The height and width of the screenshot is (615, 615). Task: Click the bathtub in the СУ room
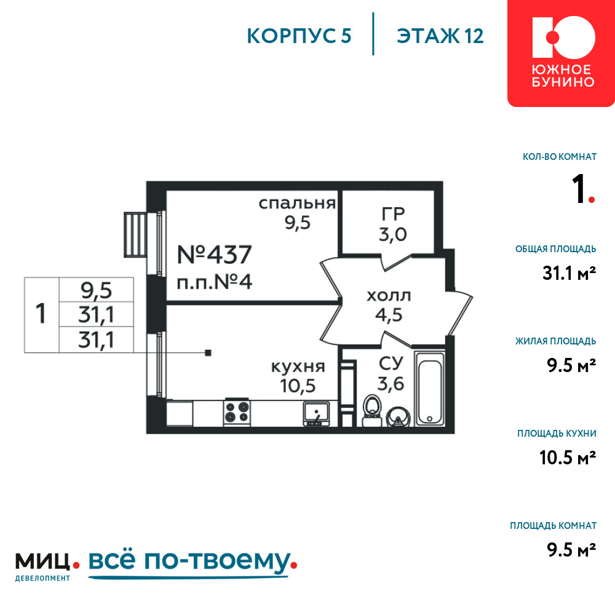click(429, 388)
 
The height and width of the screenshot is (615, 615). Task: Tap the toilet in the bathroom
click(372, 410)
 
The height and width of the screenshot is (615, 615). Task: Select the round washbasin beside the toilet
click(398, 417)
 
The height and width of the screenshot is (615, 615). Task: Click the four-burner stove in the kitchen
click(237, 412)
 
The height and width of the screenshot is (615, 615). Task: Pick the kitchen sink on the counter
click(316, 414)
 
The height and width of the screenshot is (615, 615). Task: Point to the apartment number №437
click(214, 255)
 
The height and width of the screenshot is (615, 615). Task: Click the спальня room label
click(297, 204)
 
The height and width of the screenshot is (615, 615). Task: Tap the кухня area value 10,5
click(298, 386)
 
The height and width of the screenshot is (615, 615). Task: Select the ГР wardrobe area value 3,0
click(392, 234)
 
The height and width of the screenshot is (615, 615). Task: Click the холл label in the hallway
click(389, 296)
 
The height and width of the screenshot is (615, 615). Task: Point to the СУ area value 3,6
click(391, 383)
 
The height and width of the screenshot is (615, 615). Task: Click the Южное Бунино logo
click(561, 53)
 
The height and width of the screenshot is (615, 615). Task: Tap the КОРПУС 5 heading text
click(299, 36)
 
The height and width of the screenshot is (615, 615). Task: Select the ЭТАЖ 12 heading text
click(440, 36)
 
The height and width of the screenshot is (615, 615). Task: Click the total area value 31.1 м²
click(569, 273)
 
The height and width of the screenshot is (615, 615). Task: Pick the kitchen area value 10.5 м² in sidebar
click(568, 458)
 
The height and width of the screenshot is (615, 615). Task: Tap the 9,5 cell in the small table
click(97, 290)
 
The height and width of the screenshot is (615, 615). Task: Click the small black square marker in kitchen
click(208, 353)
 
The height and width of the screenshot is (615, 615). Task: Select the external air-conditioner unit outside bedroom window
click(135, 234)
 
